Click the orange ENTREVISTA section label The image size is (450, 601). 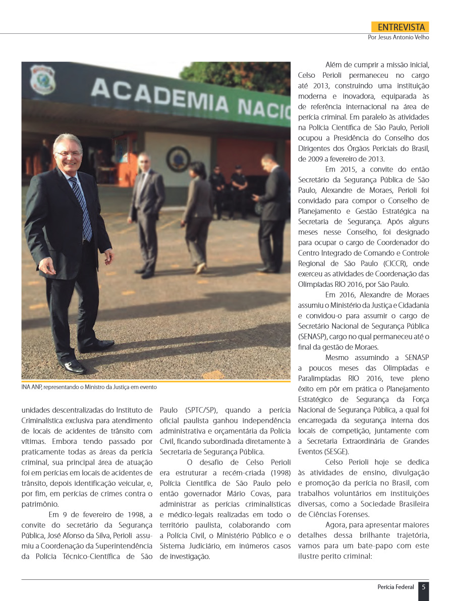(400, 27)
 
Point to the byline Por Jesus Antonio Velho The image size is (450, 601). (398, 38)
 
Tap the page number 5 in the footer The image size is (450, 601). (424, 587)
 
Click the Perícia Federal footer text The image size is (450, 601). (396, 587)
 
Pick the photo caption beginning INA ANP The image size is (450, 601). (89, 387)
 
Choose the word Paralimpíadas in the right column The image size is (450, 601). (319, 378)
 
